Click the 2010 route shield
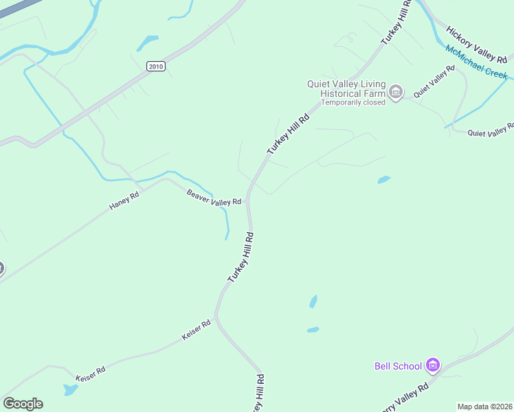pyautogui.click(x=156, y=65)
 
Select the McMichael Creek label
pyautogui.click(x=476, y=62)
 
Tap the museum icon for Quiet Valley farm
pyautogui.click(x=395, y=92)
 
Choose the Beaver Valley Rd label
pyautogui.click(x=214, y=198)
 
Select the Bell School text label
pyautogui.click(x=398, y=366)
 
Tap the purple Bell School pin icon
pyautogui.click(x=432, y=365)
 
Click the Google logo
pyautogui.click(x=23, y=404)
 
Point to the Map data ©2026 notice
pyautogui.click(x=485, y=407)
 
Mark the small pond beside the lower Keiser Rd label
pyautogui.click(x=70, y=390)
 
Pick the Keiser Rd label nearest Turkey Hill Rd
pyautogui.click(x=196, y=330)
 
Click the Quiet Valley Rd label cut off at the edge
pyautogui.click(x=491, y=130)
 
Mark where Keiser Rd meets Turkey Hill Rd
pyautogui.click(x=216, y=318)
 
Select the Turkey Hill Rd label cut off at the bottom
pyautogui.click(x=258, y=393)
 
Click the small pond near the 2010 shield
pyautogui.click(x=147, y=43)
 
